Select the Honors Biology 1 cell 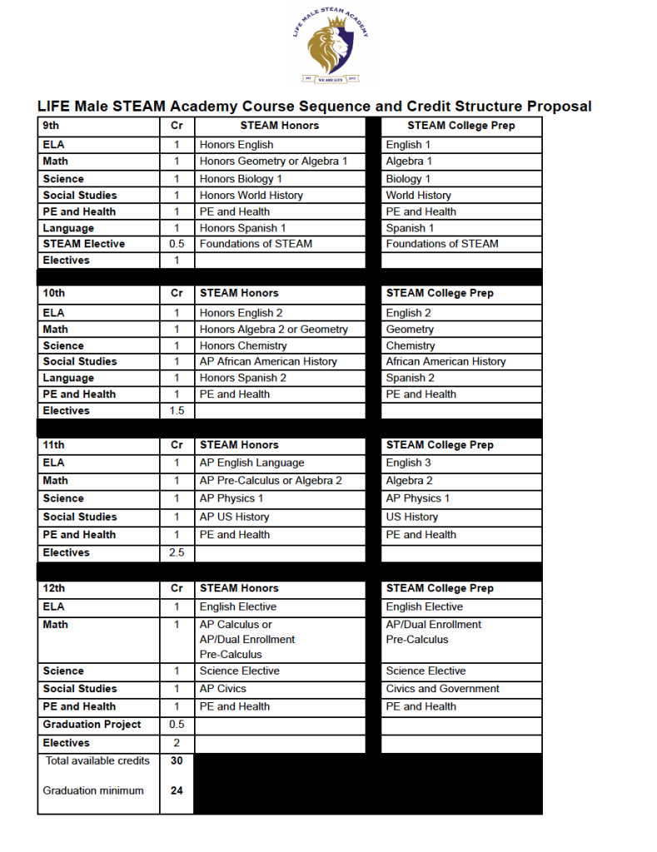point(241,179)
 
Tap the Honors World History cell point(251,196)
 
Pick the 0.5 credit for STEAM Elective point(177,244)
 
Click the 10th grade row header point(55,293)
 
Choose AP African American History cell point(268,362)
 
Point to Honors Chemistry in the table point(243,346)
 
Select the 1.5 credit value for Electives point(177,411)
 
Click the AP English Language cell point(251,463)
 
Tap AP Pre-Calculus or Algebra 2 point(271,481)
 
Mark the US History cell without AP point(411,517)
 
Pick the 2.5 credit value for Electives point(177,552)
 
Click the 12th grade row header point(55,588)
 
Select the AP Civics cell point(223,689)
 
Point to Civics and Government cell point(442,689)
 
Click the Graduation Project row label point(92,725)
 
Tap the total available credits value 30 point(177,760)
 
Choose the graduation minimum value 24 point(177,791)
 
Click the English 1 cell point(408,145)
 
